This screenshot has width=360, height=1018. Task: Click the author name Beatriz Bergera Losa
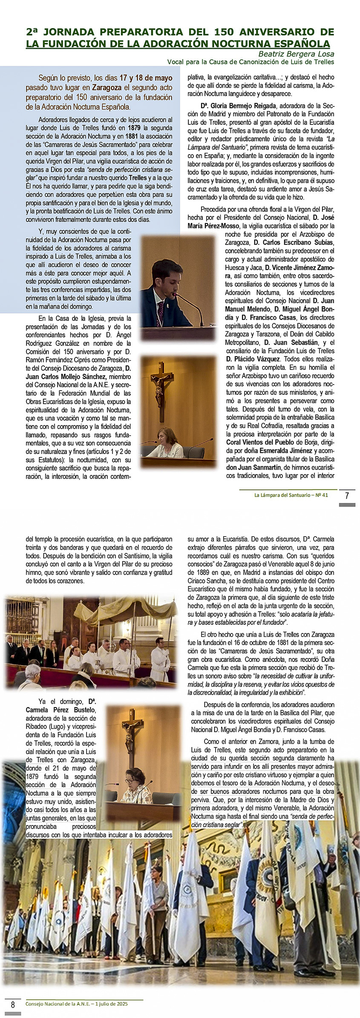tap(296, 54)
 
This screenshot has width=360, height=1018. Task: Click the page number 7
tap(347, 495)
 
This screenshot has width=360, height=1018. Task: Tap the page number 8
tap(13, 1004)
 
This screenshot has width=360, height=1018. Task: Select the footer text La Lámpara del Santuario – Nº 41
tap(291, 495)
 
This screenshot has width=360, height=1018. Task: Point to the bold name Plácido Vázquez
tap(253, 359)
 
